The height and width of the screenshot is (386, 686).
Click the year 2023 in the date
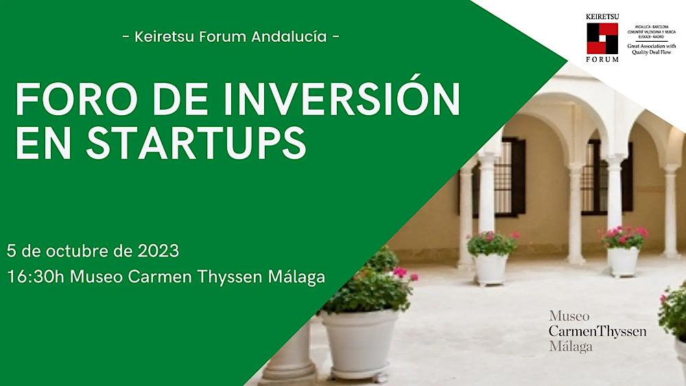(157, 251)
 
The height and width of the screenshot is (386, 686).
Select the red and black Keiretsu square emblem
(602, 38)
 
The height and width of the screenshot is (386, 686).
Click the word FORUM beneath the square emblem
(602, 60)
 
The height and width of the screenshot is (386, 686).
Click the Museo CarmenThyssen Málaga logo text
(597, 331)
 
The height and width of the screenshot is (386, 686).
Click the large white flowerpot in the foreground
(359, 341)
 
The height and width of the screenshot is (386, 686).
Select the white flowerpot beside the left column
(491, 268)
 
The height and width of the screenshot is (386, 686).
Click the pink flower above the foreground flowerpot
(399, 272)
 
